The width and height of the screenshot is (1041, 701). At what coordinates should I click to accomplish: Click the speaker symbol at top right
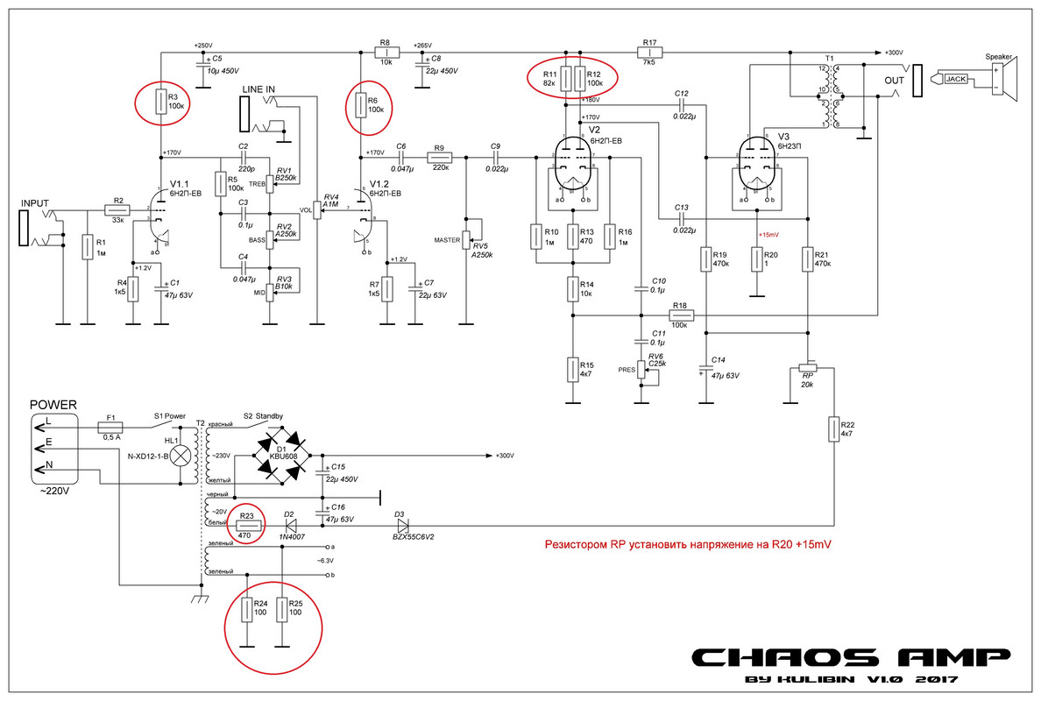[1002, 79]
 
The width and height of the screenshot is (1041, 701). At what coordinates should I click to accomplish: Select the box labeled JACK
[955, 79]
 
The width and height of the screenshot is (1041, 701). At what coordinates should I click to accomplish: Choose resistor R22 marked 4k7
[833, 429]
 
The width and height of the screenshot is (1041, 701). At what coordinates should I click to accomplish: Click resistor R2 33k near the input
[117, 209]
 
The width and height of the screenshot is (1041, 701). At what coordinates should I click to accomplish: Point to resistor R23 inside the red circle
[245, 525]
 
